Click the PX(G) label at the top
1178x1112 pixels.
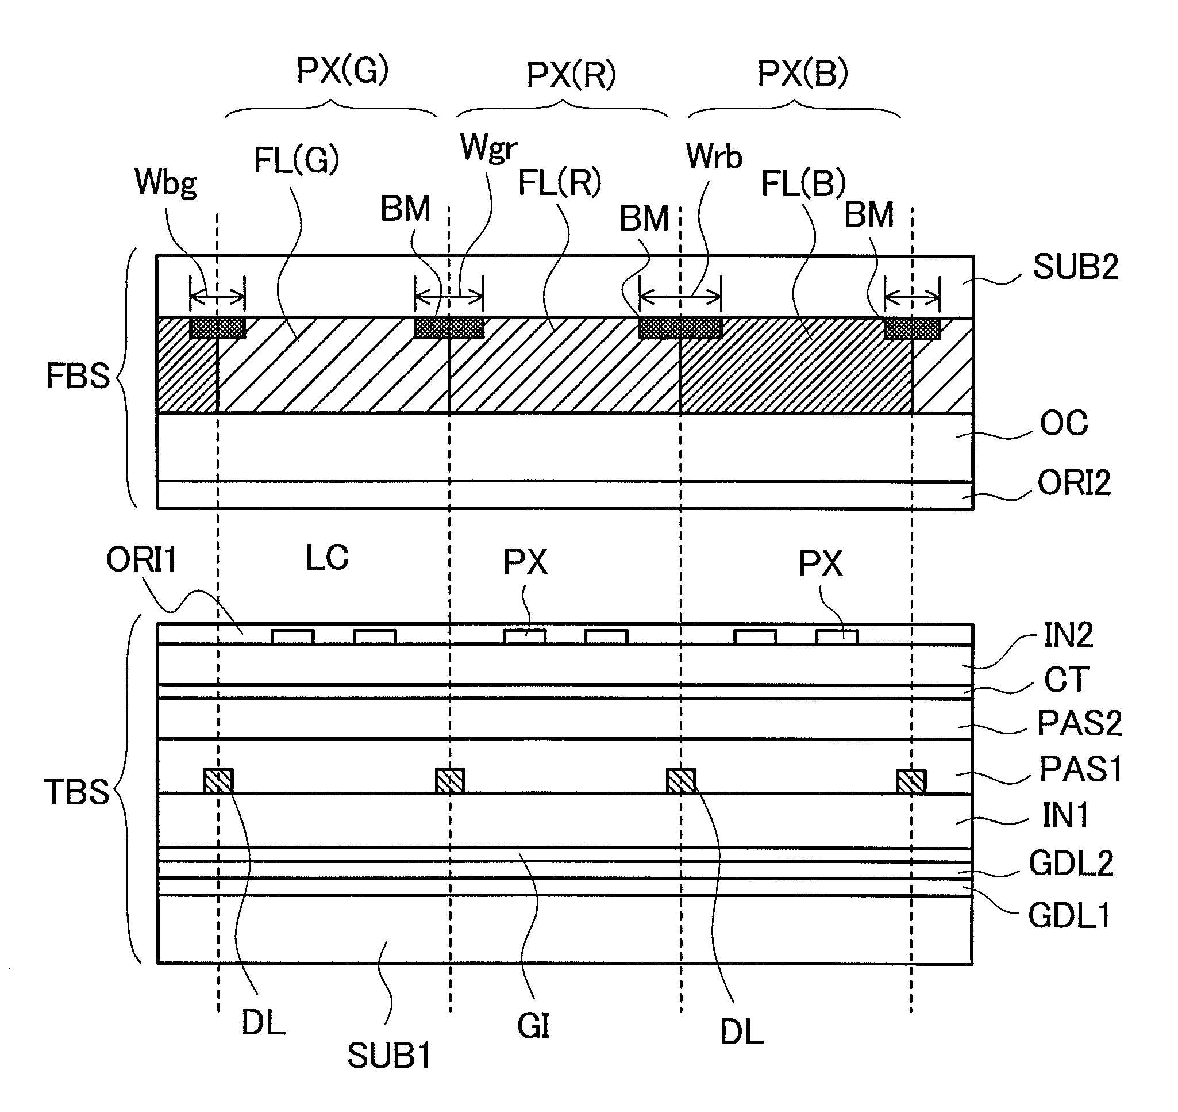coord(342,71)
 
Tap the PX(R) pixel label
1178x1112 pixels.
coord(571,75)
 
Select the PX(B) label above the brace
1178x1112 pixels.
coord(802,74)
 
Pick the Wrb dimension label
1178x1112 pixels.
coord(714,157)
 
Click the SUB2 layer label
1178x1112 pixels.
coord(1076,267)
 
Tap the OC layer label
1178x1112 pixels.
coord(1064,423)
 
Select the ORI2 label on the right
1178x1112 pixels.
coord(1074,483)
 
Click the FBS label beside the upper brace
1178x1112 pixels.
coord(78,376)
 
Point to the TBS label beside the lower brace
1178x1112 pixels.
coord(77,792)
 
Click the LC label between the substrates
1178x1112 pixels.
coord(327,558)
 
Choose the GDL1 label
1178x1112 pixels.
coord(1069,916)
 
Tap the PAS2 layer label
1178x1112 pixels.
coord(1079,723)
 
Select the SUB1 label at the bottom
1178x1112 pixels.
coord(388,1056)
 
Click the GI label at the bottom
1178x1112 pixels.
coord(533,1027)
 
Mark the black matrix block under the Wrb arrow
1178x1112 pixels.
coord(680,328)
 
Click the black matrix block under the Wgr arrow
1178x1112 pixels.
coord(449,328)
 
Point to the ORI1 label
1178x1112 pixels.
coord(141,559)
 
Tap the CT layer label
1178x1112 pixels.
coord(1066,679)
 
